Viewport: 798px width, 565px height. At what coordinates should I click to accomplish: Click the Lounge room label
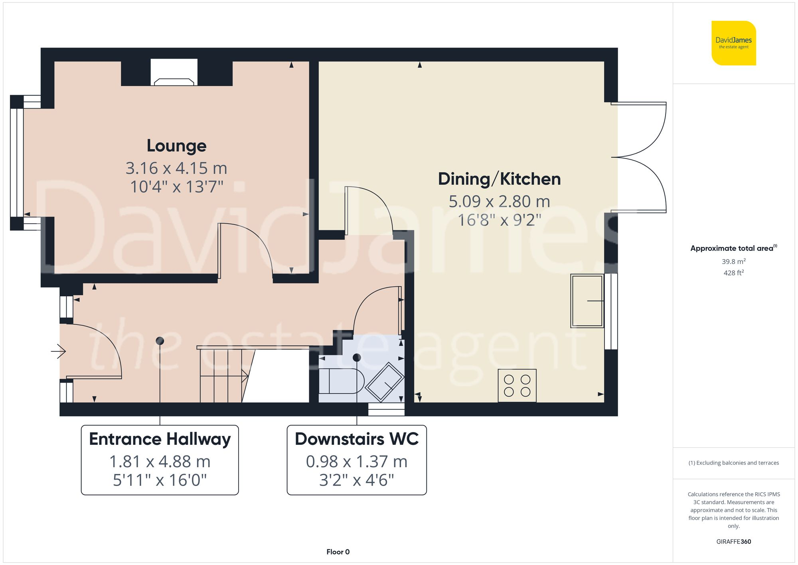176,146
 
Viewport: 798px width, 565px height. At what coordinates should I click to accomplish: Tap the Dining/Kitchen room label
499,179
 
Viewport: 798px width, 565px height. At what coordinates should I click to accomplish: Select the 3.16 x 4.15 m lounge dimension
176,168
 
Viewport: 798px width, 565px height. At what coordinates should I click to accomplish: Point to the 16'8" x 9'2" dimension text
499,220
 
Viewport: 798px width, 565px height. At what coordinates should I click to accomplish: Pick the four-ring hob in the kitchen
517,386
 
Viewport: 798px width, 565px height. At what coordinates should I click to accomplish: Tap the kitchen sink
587,301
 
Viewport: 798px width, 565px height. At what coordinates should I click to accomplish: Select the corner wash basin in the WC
385,381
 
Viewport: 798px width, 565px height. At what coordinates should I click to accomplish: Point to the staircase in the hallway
223,375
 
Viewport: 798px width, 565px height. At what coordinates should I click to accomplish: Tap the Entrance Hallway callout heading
160,439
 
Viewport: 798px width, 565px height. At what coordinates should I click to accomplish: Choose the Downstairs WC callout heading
357,439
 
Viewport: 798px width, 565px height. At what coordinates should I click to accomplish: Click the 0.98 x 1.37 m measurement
357,462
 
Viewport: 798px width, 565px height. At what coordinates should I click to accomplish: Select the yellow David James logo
733,43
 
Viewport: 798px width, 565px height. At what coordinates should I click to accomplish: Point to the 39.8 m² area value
733,262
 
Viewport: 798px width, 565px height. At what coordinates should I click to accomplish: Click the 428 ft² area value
733,273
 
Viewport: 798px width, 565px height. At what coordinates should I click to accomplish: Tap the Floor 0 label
338,552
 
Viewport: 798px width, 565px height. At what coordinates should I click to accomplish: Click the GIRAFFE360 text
733,541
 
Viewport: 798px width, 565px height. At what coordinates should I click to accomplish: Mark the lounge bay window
17,163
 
